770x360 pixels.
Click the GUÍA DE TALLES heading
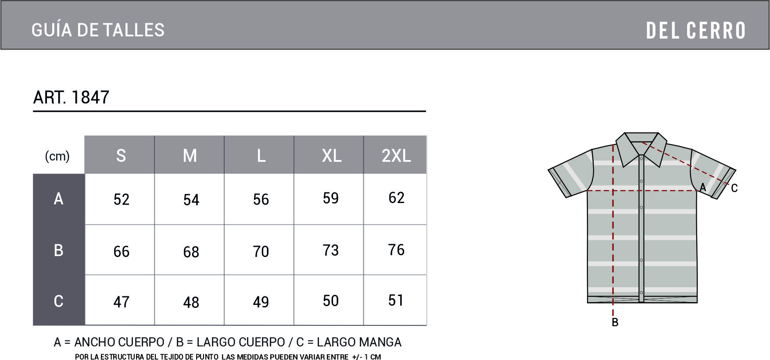pyautogui.click(x=98, y=30)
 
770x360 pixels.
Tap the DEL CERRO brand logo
pyautogui.click(x=696, y=31)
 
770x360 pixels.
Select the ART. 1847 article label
pyautogui.click(x=71, y=97)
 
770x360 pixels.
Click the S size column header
pyautogui.click(x=121, y=156)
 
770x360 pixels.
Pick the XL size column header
pyautogui.click(x=332, y=156)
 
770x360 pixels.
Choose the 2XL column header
pyautogui.click(x=396, y=156)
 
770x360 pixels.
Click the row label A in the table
pyautogui.click(x=58, y=199)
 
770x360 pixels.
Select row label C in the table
pyautogui.click(x=58, y=301)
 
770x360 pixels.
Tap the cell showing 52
pyautogui.click(x=122, y=200)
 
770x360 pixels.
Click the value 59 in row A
pyautogui.click(x=331, y=198)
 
